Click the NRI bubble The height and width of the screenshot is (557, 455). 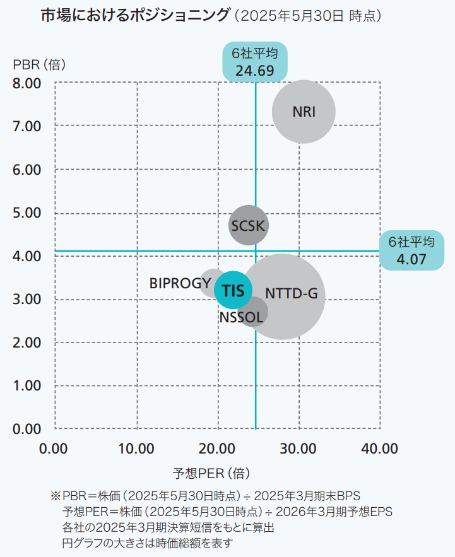point(304,112)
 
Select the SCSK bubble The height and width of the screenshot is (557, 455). point(249,225)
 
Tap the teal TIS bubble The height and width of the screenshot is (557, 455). point(233,290)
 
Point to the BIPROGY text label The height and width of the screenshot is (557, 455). point(180,283)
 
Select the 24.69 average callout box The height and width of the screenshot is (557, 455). point(254,62)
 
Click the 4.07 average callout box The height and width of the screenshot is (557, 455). point(411,250)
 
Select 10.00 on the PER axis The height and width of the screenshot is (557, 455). point(136,449)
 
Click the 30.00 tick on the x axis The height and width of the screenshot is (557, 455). point(298,449)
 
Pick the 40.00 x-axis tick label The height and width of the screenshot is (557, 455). point(379,449)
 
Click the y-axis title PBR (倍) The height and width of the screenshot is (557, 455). point(40,64)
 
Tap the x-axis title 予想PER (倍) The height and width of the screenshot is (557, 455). point(212,473)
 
